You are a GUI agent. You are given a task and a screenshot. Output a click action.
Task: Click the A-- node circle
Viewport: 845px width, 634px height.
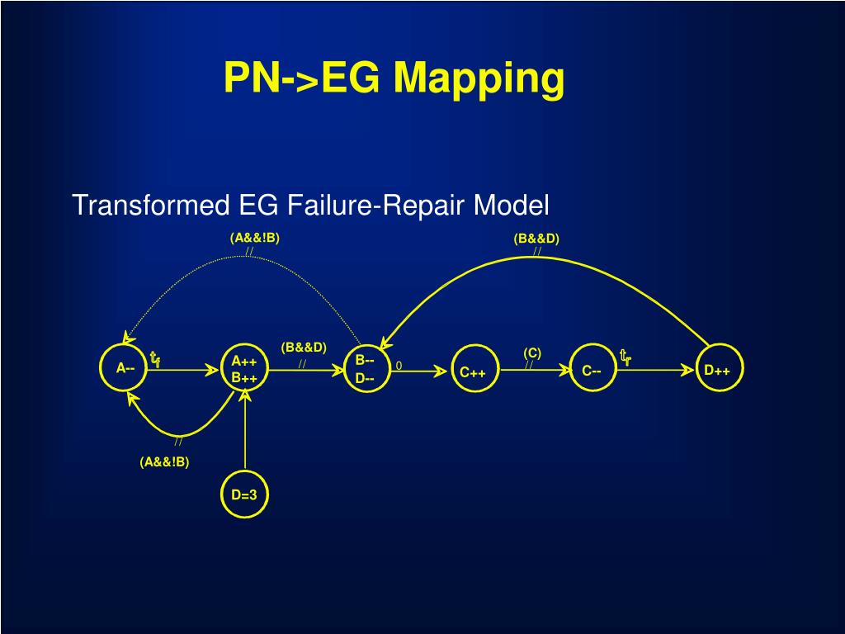(122, 368)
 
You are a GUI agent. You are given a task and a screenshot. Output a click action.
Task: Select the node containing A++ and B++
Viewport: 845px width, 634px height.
(245, 369)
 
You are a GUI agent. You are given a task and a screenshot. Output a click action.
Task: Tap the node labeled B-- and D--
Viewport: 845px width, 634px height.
(365, 369)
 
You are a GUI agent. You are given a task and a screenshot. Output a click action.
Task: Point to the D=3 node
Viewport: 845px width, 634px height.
(244, 494)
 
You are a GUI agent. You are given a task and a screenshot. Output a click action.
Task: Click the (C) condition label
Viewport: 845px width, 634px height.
(532, 352)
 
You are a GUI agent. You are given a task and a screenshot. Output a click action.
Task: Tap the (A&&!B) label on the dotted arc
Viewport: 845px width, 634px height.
(255, 238)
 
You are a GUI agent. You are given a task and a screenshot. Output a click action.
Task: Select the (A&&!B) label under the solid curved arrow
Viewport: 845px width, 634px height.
(164, 461)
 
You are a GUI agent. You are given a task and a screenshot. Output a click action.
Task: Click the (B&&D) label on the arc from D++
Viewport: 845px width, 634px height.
(536, 239)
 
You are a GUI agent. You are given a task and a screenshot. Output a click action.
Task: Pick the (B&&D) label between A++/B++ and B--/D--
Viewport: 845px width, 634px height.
(304, 348)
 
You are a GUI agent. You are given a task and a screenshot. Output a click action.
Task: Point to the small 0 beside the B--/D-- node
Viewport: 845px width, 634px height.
(399, 366)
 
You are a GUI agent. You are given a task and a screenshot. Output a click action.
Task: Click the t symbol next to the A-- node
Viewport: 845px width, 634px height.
(154, 359)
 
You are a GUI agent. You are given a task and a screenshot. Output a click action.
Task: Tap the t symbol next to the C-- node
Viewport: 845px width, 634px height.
(625, 357)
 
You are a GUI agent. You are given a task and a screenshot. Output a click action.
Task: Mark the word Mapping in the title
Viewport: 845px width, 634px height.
(479, 78)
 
